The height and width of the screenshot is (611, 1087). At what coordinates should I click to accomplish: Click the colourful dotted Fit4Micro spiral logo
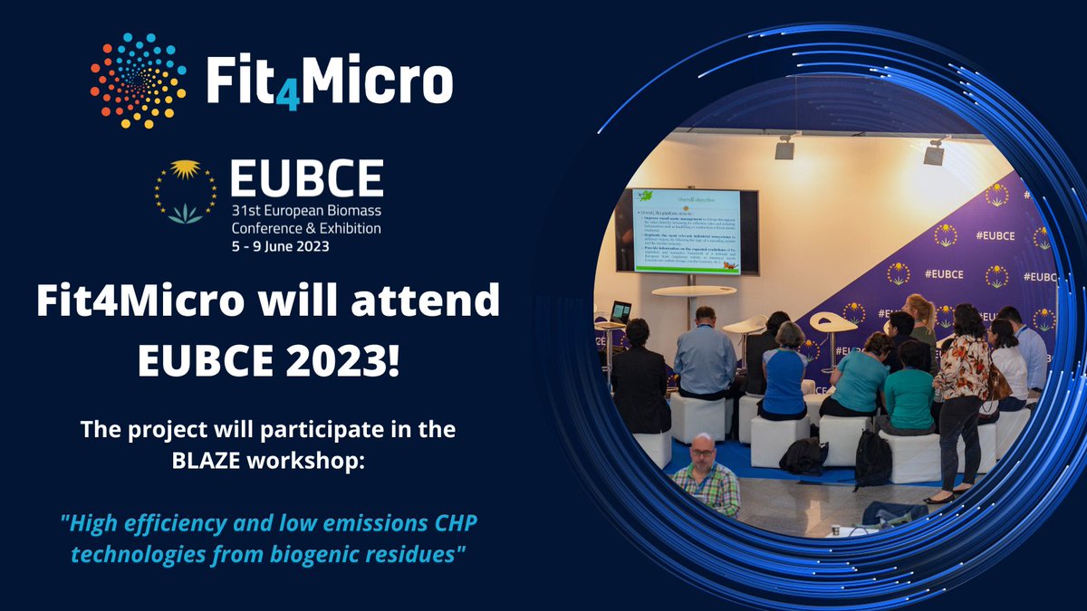pos(139,81)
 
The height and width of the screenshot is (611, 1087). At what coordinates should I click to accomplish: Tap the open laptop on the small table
pos(621,312)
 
